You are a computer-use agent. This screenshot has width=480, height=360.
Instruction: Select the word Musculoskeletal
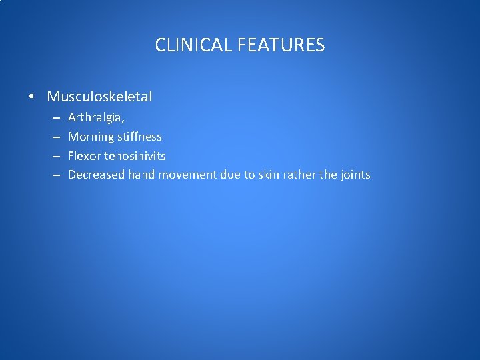point(99,97)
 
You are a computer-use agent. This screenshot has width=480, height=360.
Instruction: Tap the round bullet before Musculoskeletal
point(31,97)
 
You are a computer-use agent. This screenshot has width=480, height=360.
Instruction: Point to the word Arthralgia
point(95,118)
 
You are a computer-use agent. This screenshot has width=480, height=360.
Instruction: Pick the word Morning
point(91,137)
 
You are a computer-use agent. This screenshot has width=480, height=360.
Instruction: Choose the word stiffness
point(139,137)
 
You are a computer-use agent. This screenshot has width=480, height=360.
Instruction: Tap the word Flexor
point(85,156)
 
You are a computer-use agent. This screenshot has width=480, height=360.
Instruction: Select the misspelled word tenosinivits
point(135,156)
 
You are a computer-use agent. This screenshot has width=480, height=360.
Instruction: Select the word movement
point(187,175)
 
